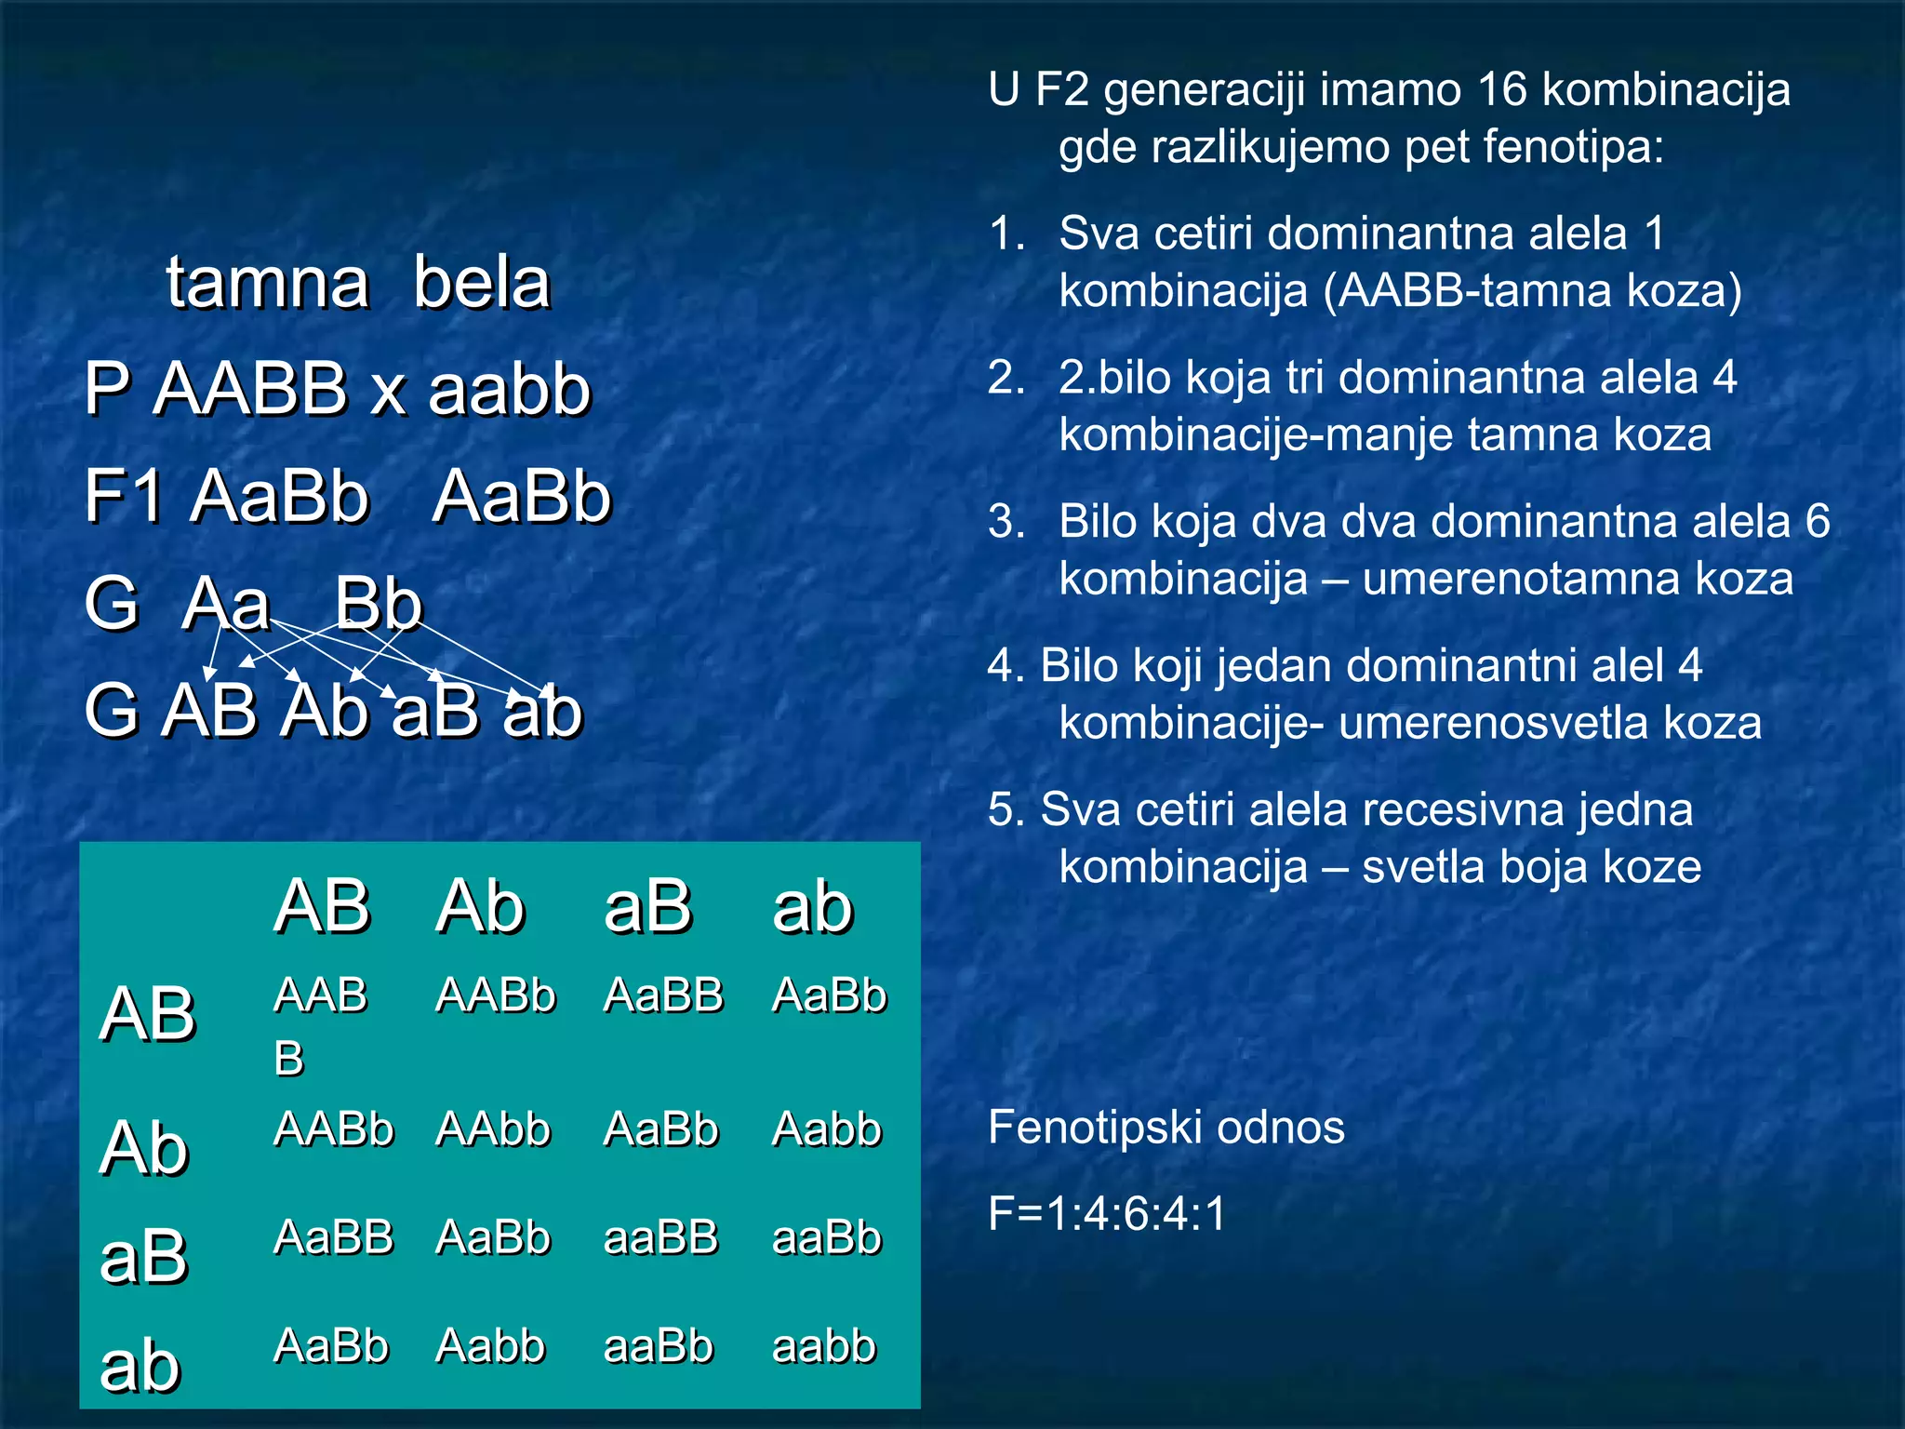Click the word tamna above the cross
click(x=268, y=283)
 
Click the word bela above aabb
click(x=482, y=283)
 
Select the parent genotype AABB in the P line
click(x=250, y=389)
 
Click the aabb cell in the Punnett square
click(x=824, y=1346)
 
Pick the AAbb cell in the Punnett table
click(x=493, y=1129)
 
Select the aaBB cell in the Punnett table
click(x=660, y=1237)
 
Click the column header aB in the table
click(x=647, y=906)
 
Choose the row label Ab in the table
click(x=144, y=1148)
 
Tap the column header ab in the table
click(x=812, y=908)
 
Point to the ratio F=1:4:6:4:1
click(x=1108, y=1214)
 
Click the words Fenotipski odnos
click(x=1166, y=1128)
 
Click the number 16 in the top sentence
click(x=1501, y=90)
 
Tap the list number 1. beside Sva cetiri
click(x=1006, y=234)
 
